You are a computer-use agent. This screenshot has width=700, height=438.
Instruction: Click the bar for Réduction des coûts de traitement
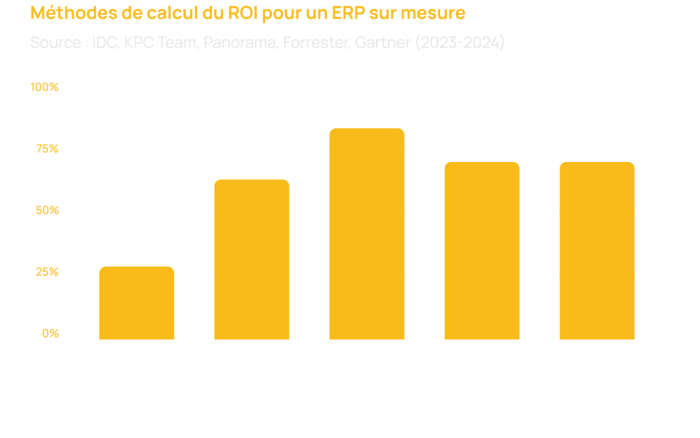coord(137,302)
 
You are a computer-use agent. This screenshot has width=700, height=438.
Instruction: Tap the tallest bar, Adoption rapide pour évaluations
coord(367,233)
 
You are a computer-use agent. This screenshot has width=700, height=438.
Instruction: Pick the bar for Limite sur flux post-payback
coord(482,250)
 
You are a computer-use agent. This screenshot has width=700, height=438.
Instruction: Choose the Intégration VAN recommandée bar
coord(597,250)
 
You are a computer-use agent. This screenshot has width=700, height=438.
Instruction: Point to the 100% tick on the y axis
coord(45,87)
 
